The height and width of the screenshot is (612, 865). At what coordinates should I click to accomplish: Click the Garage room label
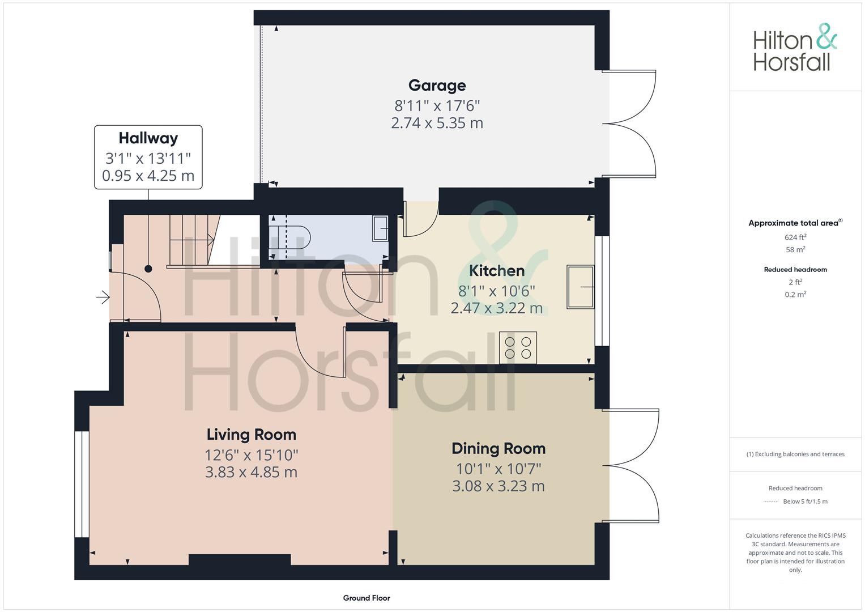pyautogui.click(x=437, y=86)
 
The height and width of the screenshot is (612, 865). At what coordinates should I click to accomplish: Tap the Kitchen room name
pyautogui.click(x=497, y=270)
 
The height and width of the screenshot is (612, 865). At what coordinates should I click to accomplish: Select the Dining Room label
pyautogui.click(x=498, y=448)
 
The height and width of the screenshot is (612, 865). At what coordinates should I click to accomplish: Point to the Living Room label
pyautogui.click(x=252, y=434)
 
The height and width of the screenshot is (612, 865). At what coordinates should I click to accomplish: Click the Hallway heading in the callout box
pyautogui.click(x=148, y=138)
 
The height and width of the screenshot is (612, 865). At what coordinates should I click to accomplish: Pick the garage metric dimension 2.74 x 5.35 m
pyautogui.click(x=437, y=123)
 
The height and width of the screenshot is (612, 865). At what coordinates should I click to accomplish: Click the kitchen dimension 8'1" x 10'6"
pyautogui.click(x=497, y=291)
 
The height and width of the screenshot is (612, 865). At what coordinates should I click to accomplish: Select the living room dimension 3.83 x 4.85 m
pyautogui.click(x=252, y=471)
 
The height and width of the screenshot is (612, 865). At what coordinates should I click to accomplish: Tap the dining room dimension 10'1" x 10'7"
pyautogui.click(x=498, y=469)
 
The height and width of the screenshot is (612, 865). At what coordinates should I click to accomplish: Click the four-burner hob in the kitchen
pyautogui.click(x=518, y=348)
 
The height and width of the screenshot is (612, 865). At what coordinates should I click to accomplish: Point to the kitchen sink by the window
pyautogui.click(x=581, y=287)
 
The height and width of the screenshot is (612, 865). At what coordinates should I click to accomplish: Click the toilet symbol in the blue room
pyautogui.click(x=289, y=237)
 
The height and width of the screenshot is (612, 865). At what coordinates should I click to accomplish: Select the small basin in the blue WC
pyautogui.click(x=380, y=229)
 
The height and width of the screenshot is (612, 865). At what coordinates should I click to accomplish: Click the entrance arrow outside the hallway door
pyautogui.click(x=103, y=297)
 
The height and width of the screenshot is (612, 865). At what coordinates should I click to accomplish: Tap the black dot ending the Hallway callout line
pyautogui.click(x=148, y=269)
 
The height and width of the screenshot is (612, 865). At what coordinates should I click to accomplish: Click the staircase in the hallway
pyautogui.click(x=194, y=241)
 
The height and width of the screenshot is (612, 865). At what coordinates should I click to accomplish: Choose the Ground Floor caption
pyautogui.click(x=367, y=598)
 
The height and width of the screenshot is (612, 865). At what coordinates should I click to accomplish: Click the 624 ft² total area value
pyautogui.click(x=795, y=237)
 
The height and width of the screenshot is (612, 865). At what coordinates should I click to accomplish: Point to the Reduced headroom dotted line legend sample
pyautogui.click(x=771, y=501)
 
